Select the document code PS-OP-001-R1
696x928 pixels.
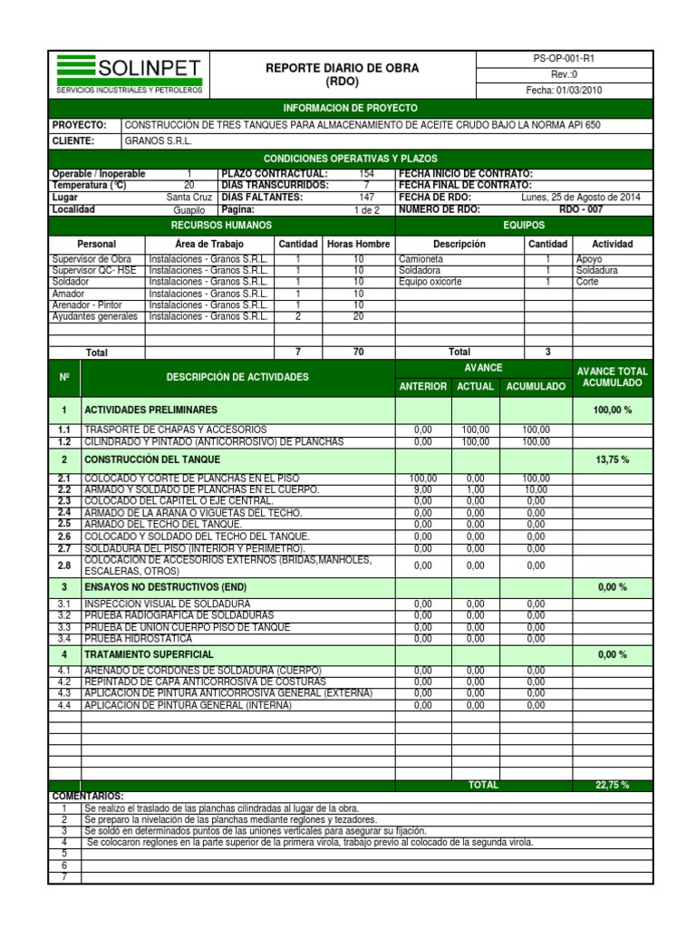point(564,58)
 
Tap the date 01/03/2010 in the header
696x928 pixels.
point(564,91)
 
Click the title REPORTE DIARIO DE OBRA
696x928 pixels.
point(342,68)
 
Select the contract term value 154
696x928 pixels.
point(366,174)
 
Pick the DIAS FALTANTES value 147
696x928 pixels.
point(366,197)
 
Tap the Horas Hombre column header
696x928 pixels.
point(358,244)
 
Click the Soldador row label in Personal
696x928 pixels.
point(72,282)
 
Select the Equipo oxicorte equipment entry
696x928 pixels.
point(430,282)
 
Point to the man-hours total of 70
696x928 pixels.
point(358,352)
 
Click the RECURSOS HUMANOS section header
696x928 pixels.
point(222,225)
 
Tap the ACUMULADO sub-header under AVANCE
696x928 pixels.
point(536,387)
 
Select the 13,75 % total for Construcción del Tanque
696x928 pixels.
point(613,459)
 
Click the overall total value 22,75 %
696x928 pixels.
point(613,785)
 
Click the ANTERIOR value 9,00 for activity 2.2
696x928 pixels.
point(422,489)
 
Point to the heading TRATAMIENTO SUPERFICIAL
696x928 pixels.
point(150,654)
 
